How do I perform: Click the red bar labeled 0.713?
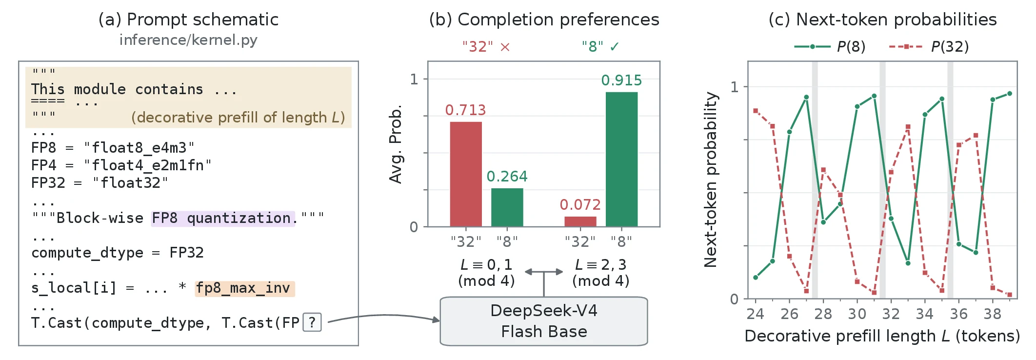point(466,174)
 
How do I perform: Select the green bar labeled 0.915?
point(621,159)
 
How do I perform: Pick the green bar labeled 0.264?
point(507,207)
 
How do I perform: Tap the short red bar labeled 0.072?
point(580,221)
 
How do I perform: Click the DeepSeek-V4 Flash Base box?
point(544,321)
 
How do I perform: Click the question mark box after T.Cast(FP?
point(312,322)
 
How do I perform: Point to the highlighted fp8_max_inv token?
point(244,288)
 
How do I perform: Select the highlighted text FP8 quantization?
point(223,218)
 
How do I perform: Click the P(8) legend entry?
point(830,47)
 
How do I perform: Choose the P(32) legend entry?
point(929,47)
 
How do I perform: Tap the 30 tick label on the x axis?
point(857,314)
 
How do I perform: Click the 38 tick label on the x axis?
point(993,314)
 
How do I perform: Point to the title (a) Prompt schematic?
point(188,20)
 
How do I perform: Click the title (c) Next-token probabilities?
point(882,20)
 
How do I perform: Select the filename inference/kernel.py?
point(188,40)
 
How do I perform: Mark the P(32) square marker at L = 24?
point(756,111)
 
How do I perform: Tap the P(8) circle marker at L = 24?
point(756,278)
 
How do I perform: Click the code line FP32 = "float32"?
point(100,183)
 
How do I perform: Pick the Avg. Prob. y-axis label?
point(396,144)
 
